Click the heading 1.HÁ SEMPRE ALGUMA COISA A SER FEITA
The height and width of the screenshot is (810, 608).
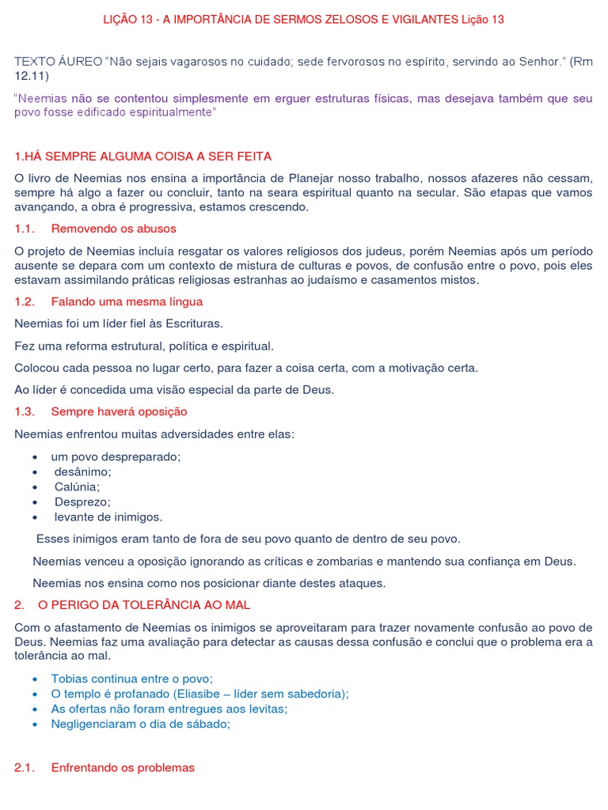pyautogui.click(x=143, y=156)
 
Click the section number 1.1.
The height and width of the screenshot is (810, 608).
pyautogui.click(x=25, y=229)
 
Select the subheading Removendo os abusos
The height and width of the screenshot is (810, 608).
pyautogui.click(x=113, y=229)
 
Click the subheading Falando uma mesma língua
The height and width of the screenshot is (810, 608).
pyautogui.click(x=127, y=301)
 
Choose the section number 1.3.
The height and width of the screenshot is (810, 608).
pyautogui.click(x=25, y=411)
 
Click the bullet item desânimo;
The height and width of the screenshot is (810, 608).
pyautogui.click(x=82, y=471)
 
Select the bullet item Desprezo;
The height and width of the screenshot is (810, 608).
pyautogui.click(x=82, y=502)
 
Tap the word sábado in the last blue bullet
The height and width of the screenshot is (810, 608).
pyautogui.click(x=209, y=724)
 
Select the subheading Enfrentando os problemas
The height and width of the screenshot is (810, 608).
pyautogui.click(x=123, y=767)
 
